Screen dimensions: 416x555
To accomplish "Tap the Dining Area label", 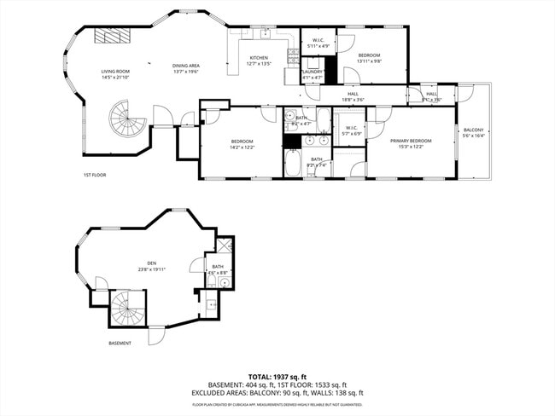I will click(185, 66).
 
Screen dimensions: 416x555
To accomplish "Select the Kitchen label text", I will click(258, 58).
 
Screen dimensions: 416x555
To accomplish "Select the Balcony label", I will click(473, 130).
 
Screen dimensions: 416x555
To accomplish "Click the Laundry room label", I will click(312, 72).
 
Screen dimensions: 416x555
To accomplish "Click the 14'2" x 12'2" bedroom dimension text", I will click(242, 147).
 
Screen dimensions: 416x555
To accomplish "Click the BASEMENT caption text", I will click(120, 344).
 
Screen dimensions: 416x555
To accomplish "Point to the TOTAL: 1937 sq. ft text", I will click(277, 375).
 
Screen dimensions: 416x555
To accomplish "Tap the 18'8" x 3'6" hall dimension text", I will click(352, 100).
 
